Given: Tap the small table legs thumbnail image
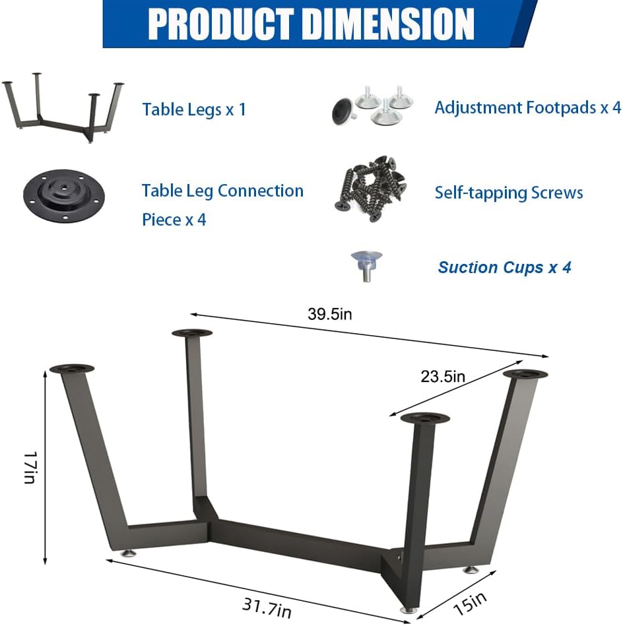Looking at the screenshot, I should [63, 108].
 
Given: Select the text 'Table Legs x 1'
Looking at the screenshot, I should [194, 109].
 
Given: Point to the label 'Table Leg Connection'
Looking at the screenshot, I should [222, 191].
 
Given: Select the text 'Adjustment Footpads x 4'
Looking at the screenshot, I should [527, 108].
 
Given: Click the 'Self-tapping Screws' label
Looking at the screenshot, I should [508, 193].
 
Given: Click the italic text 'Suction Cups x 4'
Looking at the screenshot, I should [504, 267].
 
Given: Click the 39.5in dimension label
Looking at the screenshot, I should [329, 314].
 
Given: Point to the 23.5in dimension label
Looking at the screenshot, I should [443, 377].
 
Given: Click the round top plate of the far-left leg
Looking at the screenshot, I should [72, 369].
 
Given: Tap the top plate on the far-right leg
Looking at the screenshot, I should [525, 374].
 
